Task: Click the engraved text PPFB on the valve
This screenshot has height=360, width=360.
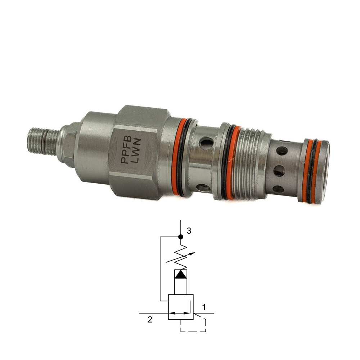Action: tap(126, 149)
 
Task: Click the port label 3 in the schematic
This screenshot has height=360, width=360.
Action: tap(189, 231)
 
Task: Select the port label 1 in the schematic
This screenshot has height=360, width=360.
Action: tap(203, 307)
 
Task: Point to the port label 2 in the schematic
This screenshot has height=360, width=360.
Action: tap(150, 320)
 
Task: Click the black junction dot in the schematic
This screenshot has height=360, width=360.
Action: tap(181, 237)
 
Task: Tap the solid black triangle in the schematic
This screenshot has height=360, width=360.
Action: tap(181, 274)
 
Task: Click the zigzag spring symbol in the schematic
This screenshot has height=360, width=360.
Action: tap(181, 257)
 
